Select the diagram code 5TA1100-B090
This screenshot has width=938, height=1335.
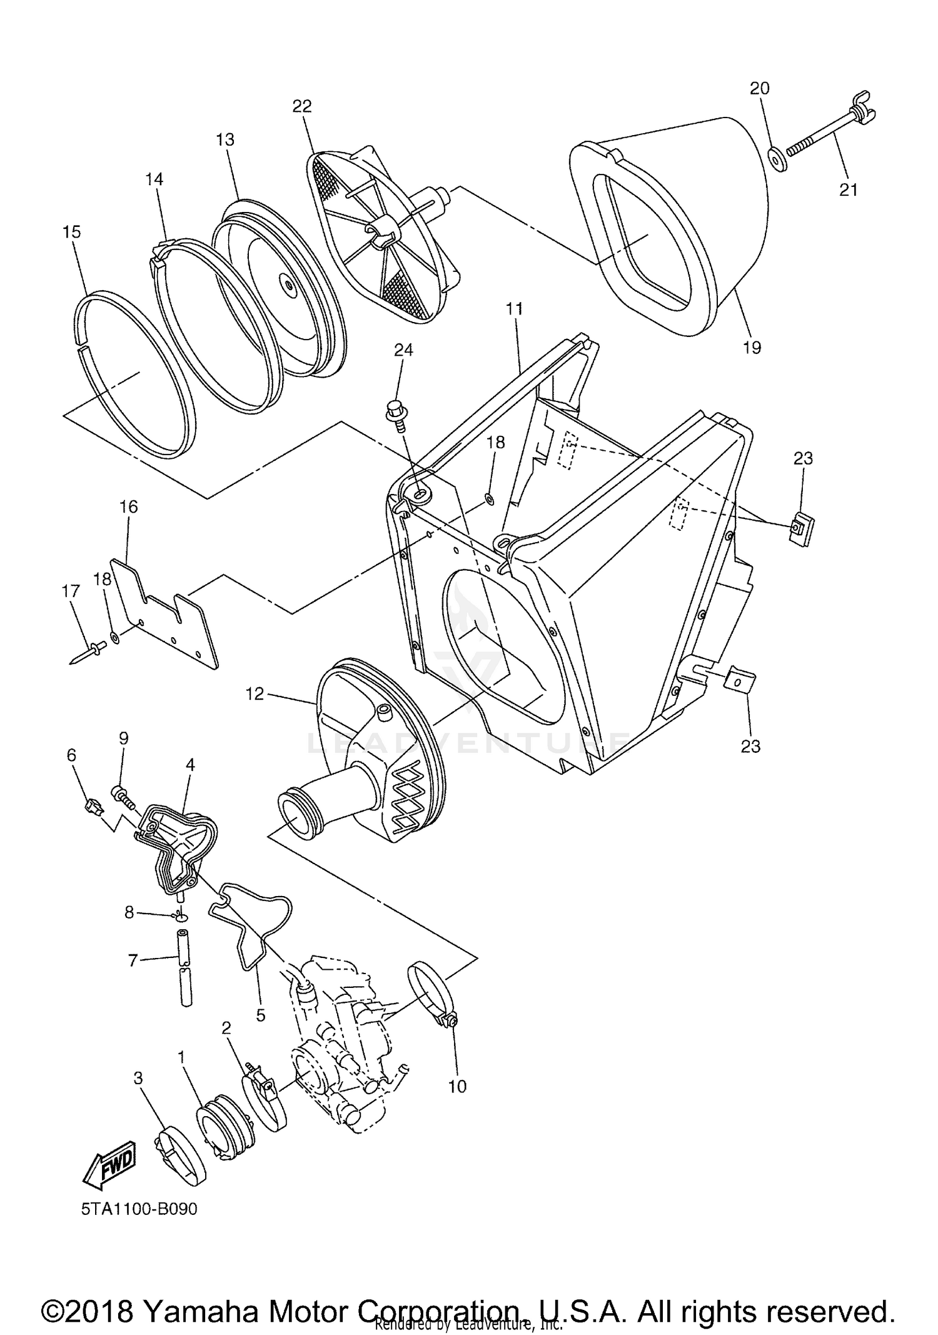(x=139, y=1209)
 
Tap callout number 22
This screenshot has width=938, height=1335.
(x=302, y=106)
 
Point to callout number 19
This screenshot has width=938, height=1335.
(x=752, y=348)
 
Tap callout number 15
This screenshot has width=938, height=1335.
(x=72, y=233)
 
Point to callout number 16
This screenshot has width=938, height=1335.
(x=129, y=506)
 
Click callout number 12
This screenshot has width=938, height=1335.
(x=255, y=693)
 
